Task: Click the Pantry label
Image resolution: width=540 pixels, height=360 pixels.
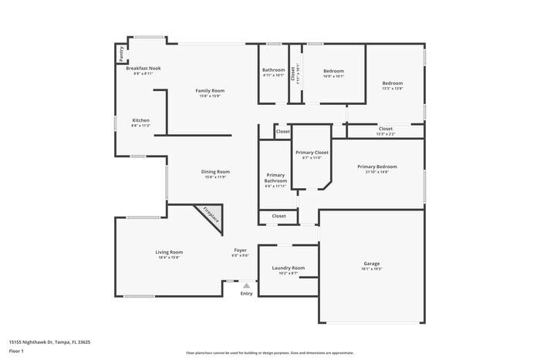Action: (121, 53)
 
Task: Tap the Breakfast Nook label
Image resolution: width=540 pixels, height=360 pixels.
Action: (143, 69)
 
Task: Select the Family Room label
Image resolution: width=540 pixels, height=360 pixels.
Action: (210, 92)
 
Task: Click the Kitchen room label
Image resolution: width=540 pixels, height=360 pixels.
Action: (140, 121)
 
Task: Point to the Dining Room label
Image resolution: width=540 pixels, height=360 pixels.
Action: (217, 173)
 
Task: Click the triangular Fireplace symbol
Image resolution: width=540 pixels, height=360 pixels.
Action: (211, 217)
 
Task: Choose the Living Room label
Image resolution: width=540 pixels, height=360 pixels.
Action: (169, 253)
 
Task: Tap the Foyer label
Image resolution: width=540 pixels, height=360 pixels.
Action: (241, 251)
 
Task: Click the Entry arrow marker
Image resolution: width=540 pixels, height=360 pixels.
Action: (246, 286)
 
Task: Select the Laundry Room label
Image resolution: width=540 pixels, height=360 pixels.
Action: (288, 268)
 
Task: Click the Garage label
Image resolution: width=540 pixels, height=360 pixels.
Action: (371, 264)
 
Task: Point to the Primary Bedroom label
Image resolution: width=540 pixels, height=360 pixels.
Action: (376, 167)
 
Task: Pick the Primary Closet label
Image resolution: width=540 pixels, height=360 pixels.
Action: (312, 153)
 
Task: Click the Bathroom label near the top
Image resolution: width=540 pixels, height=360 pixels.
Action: (273, 71)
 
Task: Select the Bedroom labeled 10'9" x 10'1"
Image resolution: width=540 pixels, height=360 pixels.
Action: (333, 71)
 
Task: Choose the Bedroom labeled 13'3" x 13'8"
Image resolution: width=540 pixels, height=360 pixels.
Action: (393, 84)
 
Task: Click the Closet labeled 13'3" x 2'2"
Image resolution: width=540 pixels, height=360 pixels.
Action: (385, 130)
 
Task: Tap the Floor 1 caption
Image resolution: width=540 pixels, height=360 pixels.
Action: (16, 351)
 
